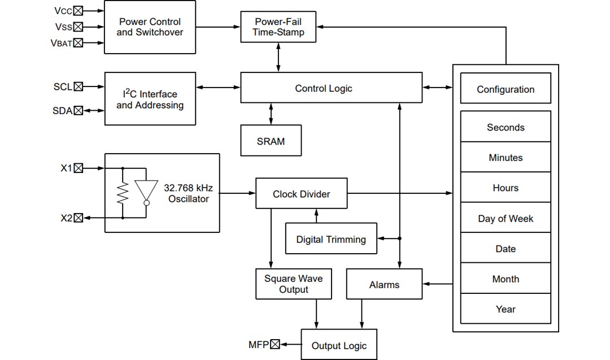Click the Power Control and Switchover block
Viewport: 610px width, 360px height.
pyautogui.click(x=150, y=27)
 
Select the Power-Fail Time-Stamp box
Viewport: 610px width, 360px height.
pyautogui.click(x=278, y=27)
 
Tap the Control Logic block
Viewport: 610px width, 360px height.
pyautogui.click(x=331, y=88)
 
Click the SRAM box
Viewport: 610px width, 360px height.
pyautogui.click(x=271, y=141)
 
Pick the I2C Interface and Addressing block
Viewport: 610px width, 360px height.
pyautogui.click(x=150, y=99)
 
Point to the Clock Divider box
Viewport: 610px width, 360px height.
pyautogui.click(x=301, y=194)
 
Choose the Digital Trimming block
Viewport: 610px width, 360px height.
pyautogui.click(x=331, y=239)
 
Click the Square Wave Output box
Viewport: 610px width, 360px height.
pyautogui.click(x=293, y=284)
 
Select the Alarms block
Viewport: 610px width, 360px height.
pyautogui.click(x=384, y=284)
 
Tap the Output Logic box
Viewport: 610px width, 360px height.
pyautogui.click(x=339, y=345)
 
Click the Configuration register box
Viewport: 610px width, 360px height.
pyautogui.click(x=506, y=89)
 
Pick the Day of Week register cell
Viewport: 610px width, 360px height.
pyautogui.click(x=506, y=218)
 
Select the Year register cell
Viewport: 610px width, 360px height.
pyautogui.click(x=506, y=309)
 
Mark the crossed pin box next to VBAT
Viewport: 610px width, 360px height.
pyautogui.click(x=78, y=43)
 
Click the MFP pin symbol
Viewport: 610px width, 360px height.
pyautogui.click(x=275, y=344)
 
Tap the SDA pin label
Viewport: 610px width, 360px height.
pyautogui.click(x=62, y=111)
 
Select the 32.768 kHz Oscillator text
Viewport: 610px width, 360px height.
pyautogui.click(x=188, y=193)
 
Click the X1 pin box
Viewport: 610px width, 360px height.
pyautogui.click(x=78, y=168)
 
